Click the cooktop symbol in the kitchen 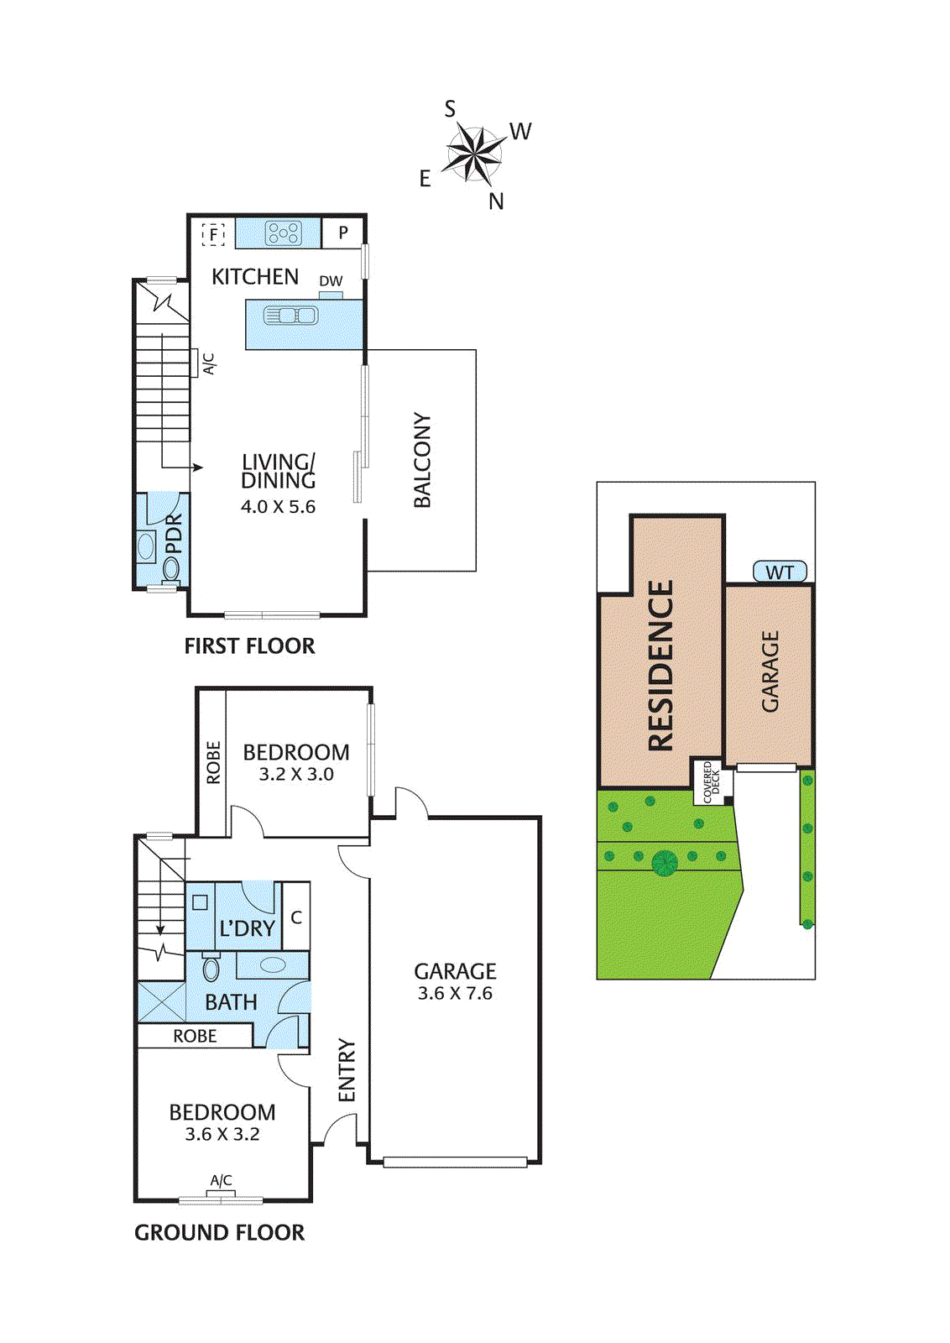coord(283,233)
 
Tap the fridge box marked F coord(214,234)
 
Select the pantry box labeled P coord(343,233)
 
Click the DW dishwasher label coord(331,281)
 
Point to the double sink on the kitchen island coord(290,316)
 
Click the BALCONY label coord(422,460)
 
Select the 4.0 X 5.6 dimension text coord(278,507)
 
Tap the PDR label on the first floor coord(174,534)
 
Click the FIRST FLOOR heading coord(249,646)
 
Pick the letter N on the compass coord(496,201)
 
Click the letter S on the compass coord(450,109)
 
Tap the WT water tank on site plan coord(780,572)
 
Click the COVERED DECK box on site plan coord(711,781)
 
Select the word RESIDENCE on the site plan coord(660,665)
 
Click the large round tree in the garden coord(665,862)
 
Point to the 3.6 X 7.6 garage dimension coord(455,994)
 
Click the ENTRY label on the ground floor coord(347,1070)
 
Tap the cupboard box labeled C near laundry coord(296,917)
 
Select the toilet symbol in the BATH coord(211,969)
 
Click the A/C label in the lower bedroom coord(221,1181)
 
